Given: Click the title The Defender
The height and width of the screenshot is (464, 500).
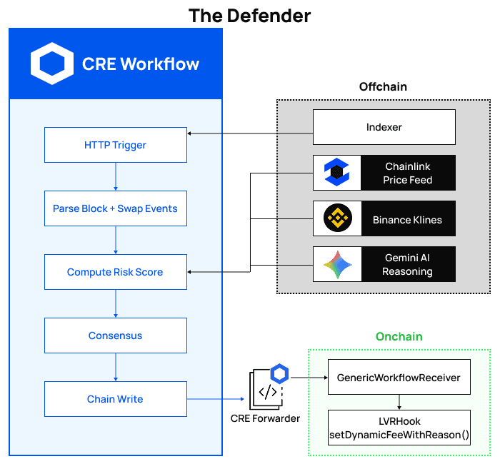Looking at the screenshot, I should (x=249, y=15).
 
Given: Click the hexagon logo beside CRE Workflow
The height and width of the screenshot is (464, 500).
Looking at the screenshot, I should (x=52, y=64).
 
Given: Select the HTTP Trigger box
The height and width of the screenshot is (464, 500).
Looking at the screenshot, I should (x=115, y=145).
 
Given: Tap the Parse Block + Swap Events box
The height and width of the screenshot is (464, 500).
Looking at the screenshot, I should (x=115, y=208).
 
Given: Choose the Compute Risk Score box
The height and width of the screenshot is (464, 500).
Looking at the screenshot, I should (x=115, y=272).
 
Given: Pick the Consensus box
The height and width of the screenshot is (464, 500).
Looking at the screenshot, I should (x=115, y=336).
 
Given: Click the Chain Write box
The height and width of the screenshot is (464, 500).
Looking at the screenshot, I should (x=115, y=399).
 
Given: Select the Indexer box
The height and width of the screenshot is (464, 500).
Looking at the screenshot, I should (x=384, y=127).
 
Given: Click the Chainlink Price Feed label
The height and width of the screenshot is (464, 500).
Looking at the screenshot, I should (x=407, y=173).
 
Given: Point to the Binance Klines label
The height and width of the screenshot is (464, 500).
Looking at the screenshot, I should (x=407, y=220).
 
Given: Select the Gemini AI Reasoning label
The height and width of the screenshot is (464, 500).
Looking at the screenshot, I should (x=407, y=265).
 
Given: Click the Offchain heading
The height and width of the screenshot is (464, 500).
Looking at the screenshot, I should (x=383, y=86).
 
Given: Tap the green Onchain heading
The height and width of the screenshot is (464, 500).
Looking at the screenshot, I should (x=399, y=336).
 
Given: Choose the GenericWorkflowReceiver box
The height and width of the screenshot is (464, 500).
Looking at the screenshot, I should (x=399, y=377).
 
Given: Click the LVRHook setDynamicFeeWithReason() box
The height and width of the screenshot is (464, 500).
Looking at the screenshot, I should (x=399, y=428).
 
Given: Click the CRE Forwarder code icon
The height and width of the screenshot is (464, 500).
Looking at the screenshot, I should (x=265, y=390).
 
